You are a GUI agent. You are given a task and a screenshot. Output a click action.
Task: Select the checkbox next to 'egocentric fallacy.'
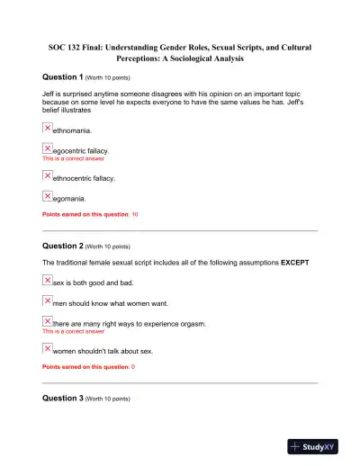coord(48,148)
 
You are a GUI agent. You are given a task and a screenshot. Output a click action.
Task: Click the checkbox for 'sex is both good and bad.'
coord(48,281)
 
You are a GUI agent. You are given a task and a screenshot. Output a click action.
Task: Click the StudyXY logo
coord(319,446)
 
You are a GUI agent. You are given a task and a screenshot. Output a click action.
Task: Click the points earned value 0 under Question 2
coord(133,368)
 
